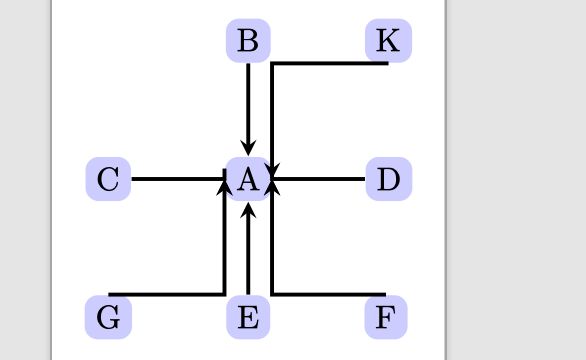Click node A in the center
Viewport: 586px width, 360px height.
(x=248, y=180)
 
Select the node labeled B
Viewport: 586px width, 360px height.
(x=248, y=41)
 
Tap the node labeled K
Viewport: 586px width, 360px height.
(x=388, y=41)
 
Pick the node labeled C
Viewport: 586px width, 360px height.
(x=109, y=180)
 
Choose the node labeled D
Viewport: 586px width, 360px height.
(x=388, y=180)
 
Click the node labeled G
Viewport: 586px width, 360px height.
(x=109, y=319)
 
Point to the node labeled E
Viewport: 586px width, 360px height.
(x=248, y=319)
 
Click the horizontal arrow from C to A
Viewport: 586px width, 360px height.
(x=175, y=180)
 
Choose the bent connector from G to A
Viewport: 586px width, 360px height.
(x=224, y=250)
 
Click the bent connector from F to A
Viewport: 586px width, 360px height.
(x=272, y=250)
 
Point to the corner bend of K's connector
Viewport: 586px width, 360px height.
(x=272, y=65)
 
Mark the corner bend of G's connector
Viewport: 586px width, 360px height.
(x=224, y=294)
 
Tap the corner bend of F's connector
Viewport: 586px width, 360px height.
(x=272, y=294)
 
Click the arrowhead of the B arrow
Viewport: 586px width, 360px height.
(x=248, y=149)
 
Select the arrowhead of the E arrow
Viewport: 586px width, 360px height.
(x=248, y=210)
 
